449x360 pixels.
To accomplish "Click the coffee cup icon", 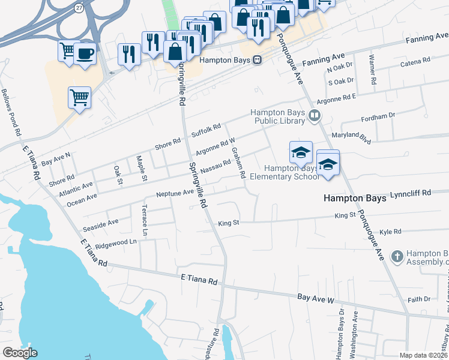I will pos(85,53).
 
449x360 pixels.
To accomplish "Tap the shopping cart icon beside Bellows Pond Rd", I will pos(79,97).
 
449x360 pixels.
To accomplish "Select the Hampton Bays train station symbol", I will pos(257,59).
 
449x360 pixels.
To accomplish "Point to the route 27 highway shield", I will pos(79,7).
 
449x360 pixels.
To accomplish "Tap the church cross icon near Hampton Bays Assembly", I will pos(396,257).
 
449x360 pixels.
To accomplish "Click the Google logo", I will pos(20,353).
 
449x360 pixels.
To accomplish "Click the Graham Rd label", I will pos(238,163).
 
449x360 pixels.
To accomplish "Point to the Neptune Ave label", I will pos(175,193).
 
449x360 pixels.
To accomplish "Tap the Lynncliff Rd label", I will pos(411,193).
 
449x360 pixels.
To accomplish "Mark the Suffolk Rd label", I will pos(206,130).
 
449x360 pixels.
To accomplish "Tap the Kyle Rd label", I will pos(390,231).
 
